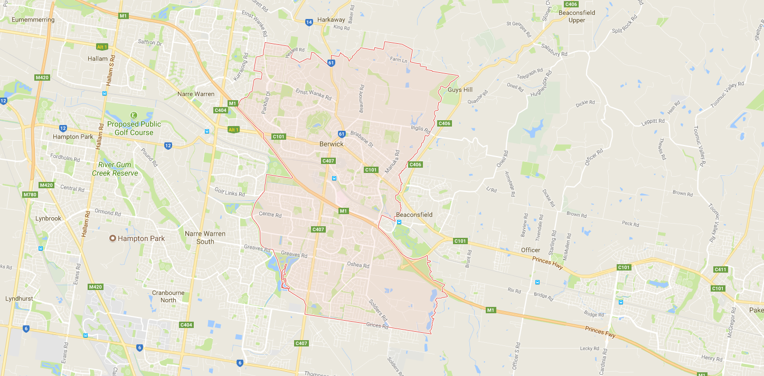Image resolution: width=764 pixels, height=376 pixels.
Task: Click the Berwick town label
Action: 332,144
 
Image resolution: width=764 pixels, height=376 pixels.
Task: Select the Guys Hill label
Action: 460,90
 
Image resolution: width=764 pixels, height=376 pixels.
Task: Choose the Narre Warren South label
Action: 205,237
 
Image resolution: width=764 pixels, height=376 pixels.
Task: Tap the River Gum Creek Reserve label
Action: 115,169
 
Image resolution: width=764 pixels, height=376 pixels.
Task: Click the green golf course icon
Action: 134,115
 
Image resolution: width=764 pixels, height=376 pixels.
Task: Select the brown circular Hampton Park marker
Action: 112,238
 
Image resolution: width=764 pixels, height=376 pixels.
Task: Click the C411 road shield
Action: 720,269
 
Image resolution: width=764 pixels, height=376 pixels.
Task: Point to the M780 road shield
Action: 30,195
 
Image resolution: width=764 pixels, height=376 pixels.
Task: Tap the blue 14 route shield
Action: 309,22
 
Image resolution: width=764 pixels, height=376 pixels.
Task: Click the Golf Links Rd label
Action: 229,192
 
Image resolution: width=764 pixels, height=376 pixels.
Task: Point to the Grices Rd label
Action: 377,326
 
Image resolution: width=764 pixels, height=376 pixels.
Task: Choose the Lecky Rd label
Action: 589,348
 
